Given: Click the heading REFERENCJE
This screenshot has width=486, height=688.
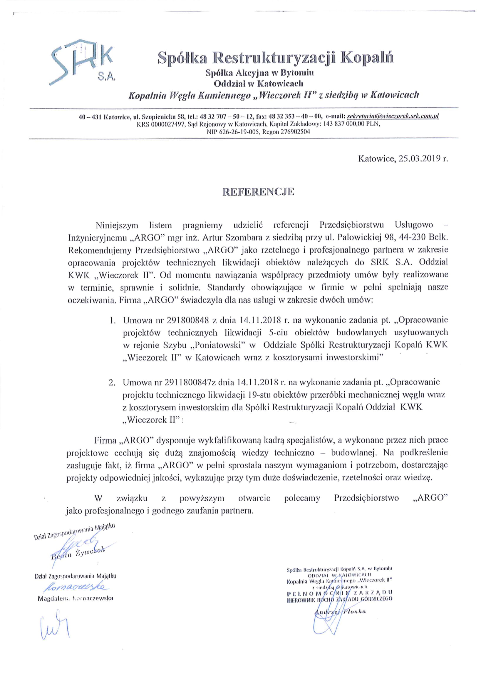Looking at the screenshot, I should pyautogui.click(x=258, y=192).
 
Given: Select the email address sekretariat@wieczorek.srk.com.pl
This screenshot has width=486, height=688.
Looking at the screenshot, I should pyautogui.click(x=392, y=116).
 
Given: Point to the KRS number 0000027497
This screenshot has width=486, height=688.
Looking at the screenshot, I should pyautogui.click(x=166, y=124).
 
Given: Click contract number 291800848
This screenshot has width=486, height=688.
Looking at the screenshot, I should pyautogui.click(x=187, y=320).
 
